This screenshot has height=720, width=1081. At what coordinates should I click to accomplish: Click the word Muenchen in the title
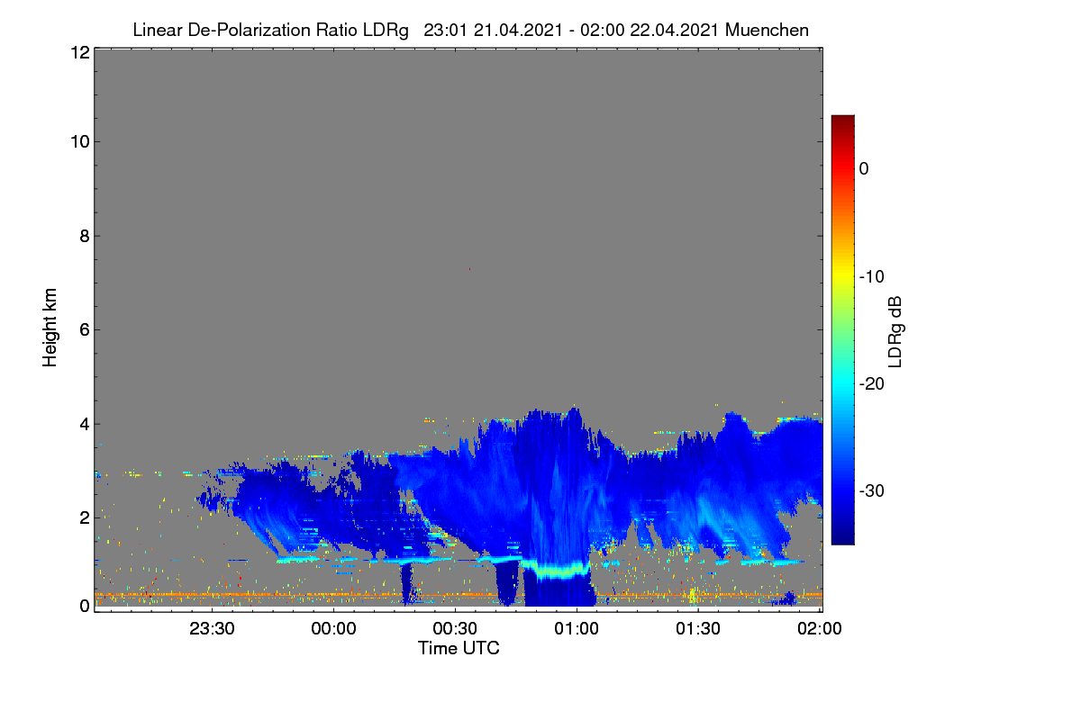[767, 31]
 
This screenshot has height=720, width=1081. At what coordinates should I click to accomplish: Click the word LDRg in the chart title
[386, 31]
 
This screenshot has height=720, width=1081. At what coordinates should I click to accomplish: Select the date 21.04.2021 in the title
[518, 31]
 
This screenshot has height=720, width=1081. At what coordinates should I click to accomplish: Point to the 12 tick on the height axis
[80, 52]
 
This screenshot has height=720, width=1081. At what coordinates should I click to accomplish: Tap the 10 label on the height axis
[80, 142]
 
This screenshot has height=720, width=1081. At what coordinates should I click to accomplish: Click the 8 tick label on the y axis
[85, 236]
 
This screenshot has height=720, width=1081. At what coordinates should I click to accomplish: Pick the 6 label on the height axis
[85, 330]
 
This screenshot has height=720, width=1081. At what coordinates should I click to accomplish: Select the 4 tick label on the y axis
[85, 425]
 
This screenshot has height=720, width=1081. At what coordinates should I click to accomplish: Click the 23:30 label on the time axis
[212, 628]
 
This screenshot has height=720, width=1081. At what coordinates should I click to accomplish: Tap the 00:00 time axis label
[333, 628]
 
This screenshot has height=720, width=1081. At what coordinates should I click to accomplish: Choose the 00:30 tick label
[455, 628]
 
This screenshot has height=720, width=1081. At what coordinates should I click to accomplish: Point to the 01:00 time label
[577, 628]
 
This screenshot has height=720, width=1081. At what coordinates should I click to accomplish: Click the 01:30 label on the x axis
[698, 628]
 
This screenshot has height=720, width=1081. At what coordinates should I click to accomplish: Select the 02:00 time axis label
[820, 628]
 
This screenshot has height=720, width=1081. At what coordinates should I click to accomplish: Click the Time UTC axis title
[459, 648]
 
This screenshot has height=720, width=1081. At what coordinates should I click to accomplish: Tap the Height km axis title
[50, 328]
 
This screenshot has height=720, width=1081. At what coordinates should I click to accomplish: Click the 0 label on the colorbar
[864, 169]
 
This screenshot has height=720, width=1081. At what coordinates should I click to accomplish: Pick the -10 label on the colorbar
[872, 277]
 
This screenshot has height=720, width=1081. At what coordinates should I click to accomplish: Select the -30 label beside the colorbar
[872, 490]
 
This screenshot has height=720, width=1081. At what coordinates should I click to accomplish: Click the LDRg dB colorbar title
[895, 332]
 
